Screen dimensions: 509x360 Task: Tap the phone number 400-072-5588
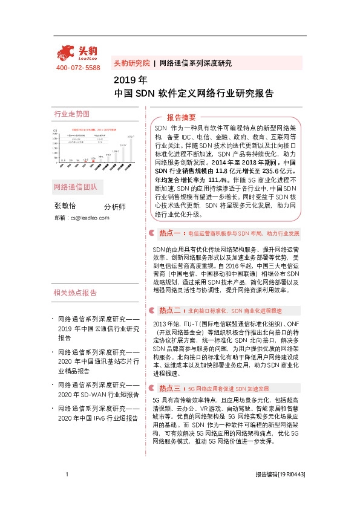(x=78, y=68)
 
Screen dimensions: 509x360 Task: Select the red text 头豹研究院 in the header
(x=131, y=63)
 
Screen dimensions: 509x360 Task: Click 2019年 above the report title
(x=131, y=80)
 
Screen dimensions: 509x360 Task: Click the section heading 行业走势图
(x=72, y=114)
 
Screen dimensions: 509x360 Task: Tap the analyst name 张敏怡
(x=66, y=206)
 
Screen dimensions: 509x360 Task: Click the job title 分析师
(x=115, y=206)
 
